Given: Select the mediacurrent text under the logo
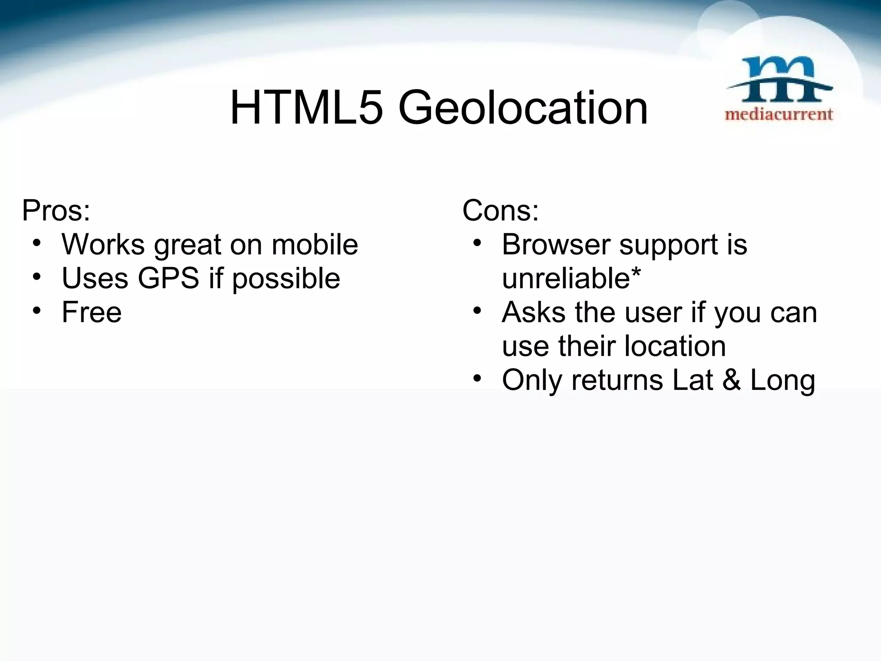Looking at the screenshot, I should (x=779, y=114).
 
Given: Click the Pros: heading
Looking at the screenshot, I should (x=56, y=210).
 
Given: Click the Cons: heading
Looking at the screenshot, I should (x=500, y=210).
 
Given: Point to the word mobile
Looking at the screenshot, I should (x=315, y=244).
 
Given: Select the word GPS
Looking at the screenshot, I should (x=169, y=278).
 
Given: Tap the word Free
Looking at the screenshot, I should (x=92, y=312).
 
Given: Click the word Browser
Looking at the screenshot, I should (x=555, y=244).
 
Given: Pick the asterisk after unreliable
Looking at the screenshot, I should (x=636, y=272).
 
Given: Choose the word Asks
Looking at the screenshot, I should (x=533, y=312).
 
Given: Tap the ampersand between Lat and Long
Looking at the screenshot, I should (x=731, y=380).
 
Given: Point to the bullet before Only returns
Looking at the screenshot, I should (x=477, y=378).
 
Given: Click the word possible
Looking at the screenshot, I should (x=286, y=279).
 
